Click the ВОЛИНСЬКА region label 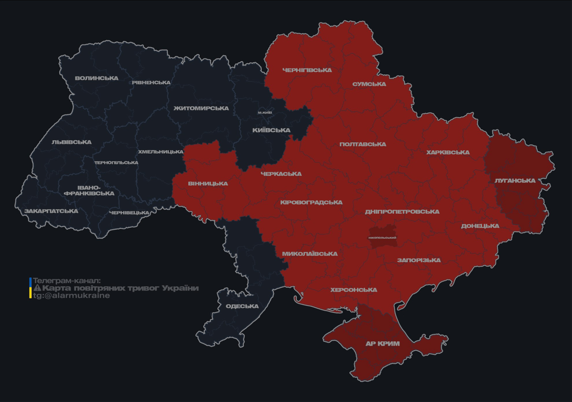coord(97,79)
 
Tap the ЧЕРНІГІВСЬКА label coord(307,70)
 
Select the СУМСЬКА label coord(369,84)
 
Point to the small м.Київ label coord(265,113)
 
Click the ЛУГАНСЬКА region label coord(515,181)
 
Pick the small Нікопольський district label coord(382,238)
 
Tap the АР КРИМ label coord(382,344)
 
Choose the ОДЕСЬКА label coord(242,306)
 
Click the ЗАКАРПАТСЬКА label coord(51,211)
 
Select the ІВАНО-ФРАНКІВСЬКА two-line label coord(89,191)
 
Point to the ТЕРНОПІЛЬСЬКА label coord(116,163)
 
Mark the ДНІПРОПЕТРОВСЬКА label coord(402,212)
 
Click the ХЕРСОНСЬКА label coord(353,290)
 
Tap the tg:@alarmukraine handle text coord(71,296)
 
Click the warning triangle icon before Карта coord(37,288)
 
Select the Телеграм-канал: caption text coord(66,281)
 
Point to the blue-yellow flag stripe coord(30,288)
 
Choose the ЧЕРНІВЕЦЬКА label coord(129,213)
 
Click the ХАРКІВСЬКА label coord(448,153)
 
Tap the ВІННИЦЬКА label coord(208,184)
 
